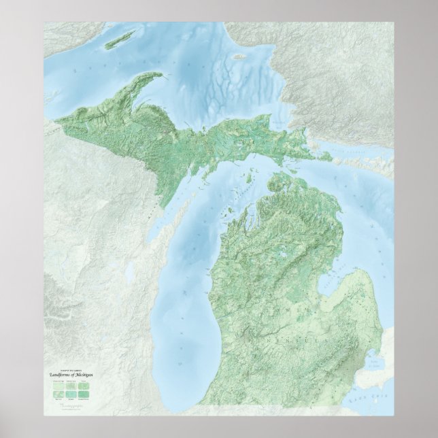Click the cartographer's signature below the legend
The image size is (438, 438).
pos(68,404)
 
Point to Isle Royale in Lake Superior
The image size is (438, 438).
pos(120,39)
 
